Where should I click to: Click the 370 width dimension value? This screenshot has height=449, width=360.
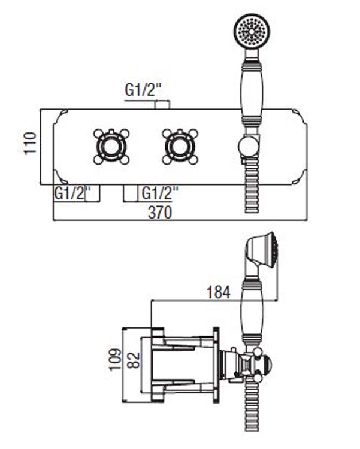coord(160,212)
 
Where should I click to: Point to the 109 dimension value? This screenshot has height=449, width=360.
coord(114,360)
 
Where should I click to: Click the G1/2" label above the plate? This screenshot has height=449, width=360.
coord(144,90)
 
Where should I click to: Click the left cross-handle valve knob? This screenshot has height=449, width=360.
coord(111,145)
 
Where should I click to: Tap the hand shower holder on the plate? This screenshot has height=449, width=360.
coord(247,146)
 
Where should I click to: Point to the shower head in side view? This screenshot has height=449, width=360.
coord(264,251)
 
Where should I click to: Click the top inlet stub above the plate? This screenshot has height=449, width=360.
coord(162,105)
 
